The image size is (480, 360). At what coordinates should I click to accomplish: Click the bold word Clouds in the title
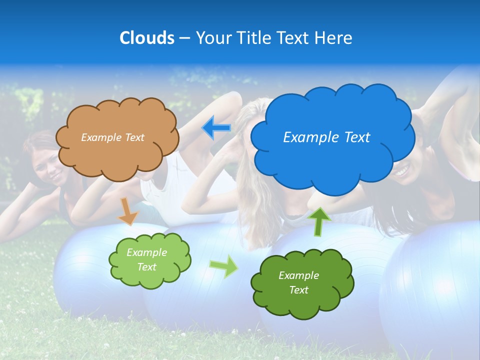147,38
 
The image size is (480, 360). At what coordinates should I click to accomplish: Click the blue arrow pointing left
216,128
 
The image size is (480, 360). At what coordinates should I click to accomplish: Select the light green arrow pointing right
224,266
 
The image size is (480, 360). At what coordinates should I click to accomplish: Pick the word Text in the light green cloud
147,267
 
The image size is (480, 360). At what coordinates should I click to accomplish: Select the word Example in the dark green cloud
298,275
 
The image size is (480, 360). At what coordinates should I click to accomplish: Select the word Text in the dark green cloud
298,290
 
